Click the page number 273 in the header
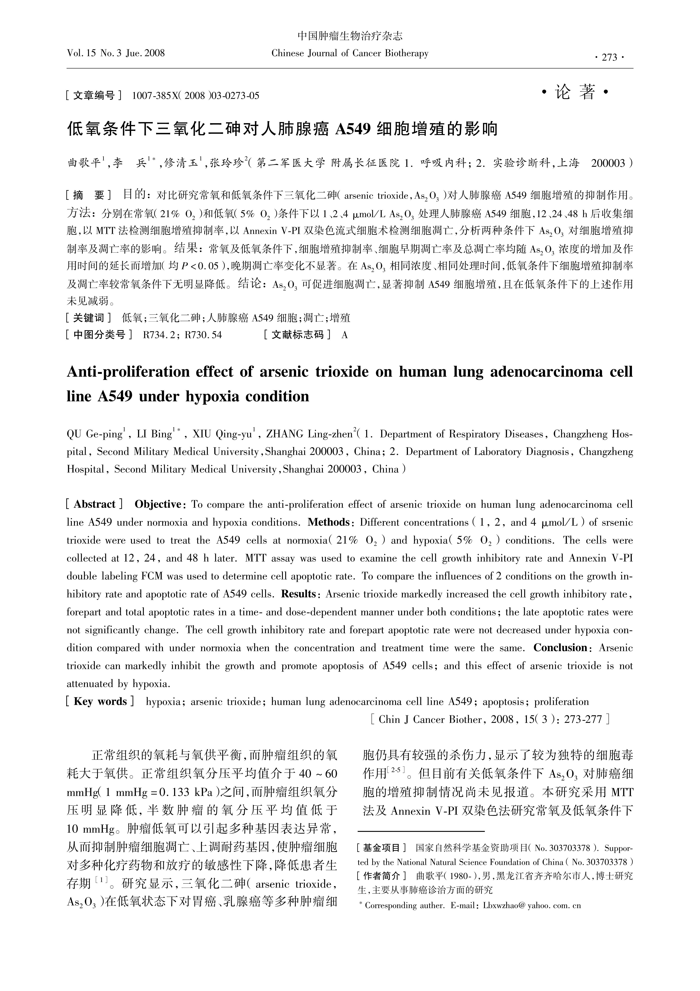[x=609, y=57]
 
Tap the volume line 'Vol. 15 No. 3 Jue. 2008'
[x=116, y=53]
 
